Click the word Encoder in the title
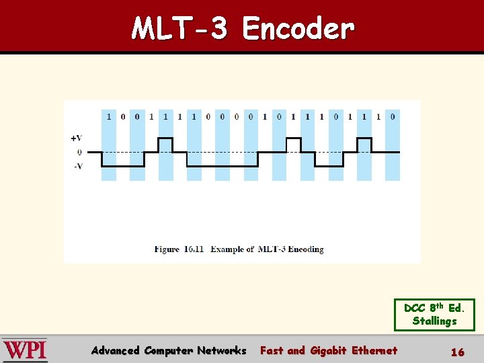[298, 29]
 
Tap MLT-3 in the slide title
[181, 29]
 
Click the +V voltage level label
[77, 138]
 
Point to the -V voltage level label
[78, 166]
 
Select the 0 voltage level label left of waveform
[79, 153]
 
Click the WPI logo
[26, 350]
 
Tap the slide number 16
[457, 352]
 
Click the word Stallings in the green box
[434, 321]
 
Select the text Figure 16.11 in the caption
[179, 249]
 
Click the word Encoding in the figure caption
[306, 249]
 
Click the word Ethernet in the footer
[374, 350]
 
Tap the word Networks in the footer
[221, 350]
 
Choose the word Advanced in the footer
[115, 350]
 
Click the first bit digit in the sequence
[108, 116]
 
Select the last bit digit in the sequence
[393, 116]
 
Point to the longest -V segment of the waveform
[222, 166]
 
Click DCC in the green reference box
[414, 309]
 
